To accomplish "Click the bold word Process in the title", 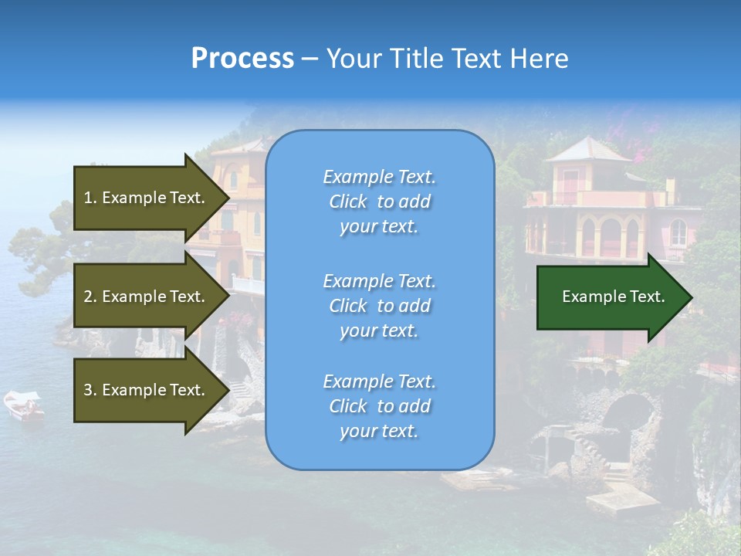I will pyautogui.click(x=242, y=59).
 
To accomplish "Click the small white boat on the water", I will pyautogui.click(x=23, y=404).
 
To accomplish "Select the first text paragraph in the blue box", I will pyautogui.click(x=379, y=202).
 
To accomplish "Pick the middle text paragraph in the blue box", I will pyautogui.click(x=379, y=306).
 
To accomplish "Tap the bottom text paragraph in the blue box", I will pyautogui.click(x=379, y=406).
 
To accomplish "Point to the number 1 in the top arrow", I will pyautogui.click(x=88, y=198).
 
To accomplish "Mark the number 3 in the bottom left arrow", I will pyautogui.click(x=88, y=390).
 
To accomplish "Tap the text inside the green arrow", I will pyautogui.click(x=613, y=297).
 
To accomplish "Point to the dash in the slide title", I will pyautogui.click(x=310, y=59).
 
